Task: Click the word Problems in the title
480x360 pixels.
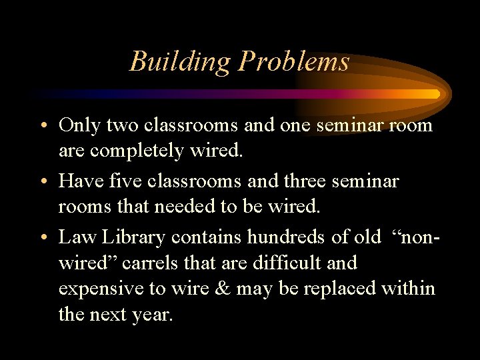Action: click(294, 62)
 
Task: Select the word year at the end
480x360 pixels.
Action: click(153, 315)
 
